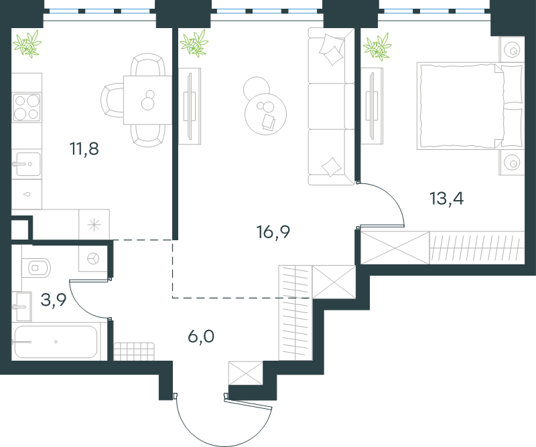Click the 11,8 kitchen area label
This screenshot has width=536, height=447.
pyautogui.click(x=84, y=149)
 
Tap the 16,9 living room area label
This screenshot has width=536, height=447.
pyautogui.click(x=273, y=232)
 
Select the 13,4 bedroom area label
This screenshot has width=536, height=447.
pyautogui.click(x=446, y=199)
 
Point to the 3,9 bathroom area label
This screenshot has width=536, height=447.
pyautogui.click(x=54, y=300)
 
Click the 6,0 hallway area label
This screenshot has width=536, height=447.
pyautogui.click(x=201, y=337)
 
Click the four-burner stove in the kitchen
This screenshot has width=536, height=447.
pyautogui.click(x=27, y=107)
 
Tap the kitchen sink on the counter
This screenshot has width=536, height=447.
pyautogui.click(x=27, y=164)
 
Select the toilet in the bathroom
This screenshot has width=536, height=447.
pyautogui.click(x=36, y=268)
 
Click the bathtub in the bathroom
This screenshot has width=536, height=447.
pyautogui.click(x=56, y=341)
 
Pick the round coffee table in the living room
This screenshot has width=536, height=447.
pyautogui.click(x=265, y=114)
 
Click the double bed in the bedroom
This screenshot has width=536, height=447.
pyautogui.click(x=470, y=106)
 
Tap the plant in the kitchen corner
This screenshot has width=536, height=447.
pyautogui.click(x=27, y=43)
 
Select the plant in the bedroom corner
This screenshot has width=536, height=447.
pyautogui.click(x=377, y=47)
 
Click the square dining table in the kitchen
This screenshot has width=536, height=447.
pyautogui.click(x=147, y=100)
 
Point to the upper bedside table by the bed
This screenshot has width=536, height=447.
pyautogui.click(x=512, y=49)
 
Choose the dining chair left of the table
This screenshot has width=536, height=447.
pyautogui.click(x=112, y=100)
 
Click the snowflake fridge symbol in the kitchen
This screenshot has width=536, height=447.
pyautogui.click(x=94, y=225)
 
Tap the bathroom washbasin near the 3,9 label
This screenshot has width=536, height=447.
pyautogui.click(x=22, y=306)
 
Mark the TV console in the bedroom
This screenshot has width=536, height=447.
pyautogui.click(x=373, y=106)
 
